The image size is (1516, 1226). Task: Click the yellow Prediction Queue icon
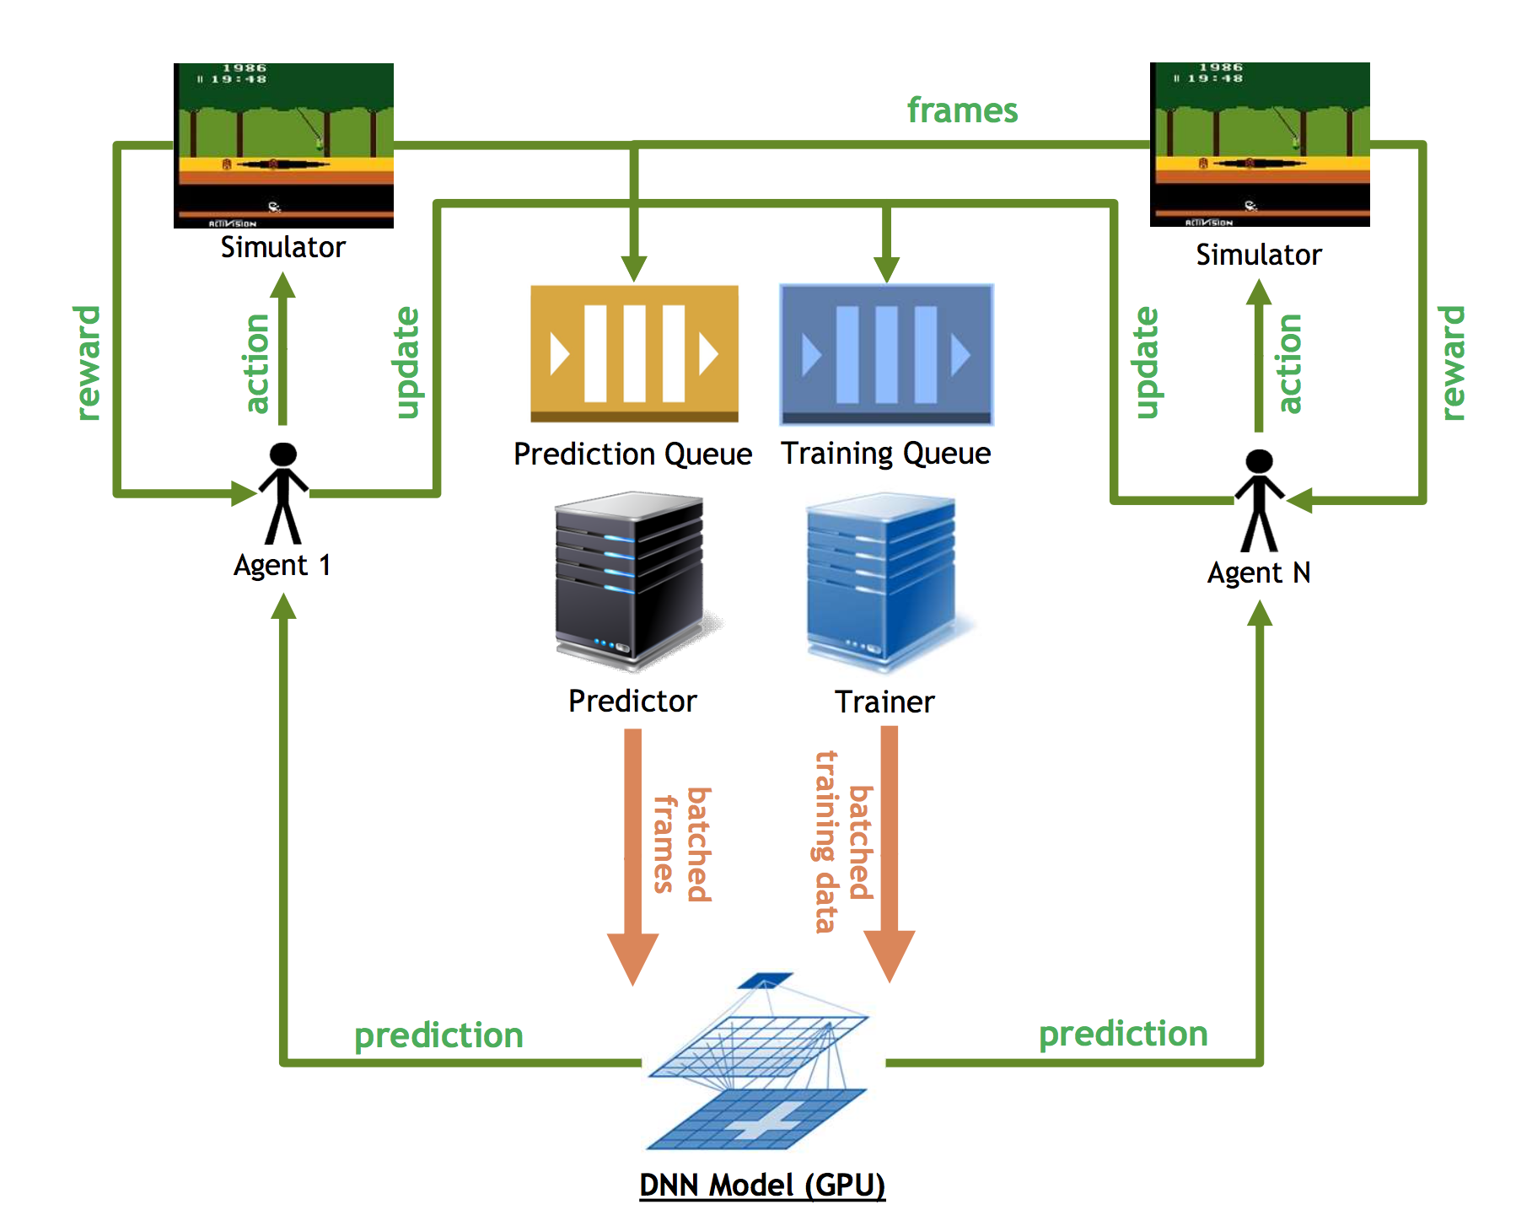(x=634, y=353)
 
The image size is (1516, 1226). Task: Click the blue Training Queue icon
(x=887, y=354)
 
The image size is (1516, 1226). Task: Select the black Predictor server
(x=632, y=582)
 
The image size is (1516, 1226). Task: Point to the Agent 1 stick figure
(x=283, y=493)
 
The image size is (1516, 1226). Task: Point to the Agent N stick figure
(x=1260, y=501)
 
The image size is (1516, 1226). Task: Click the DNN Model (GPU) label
(x=762, y=1185)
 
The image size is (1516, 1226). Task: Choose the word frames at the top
(x=962, y=110)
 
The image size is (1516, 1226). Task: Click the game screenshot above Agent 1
(x=283, y=145)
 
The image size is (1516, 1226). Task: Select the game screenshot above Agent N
(x=1260, y=144)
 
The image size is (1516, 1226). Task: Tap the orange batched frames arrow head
(x=632, y=959)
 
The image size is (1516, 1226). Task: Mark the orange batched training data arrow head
(x=890, y=956)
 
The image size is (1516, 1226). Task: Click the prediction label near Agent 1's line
(x=438, y=1036)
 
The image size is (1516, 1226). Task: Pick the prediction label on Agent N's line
(x=1123, y=1035)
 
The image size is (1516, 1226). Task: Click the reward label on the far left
(x=87, y=363)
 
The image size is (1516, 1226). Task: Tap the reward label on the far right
(x=1452, y=363)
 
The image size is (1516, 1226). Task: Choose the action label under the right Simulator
(x=1290, y=363)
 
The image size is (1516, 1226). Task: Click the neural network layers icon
(x=758, y=1062)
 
